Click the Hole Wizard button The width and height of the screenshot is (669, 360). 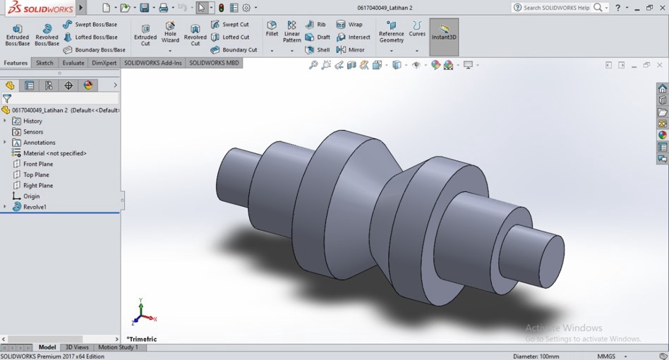coord(170,32)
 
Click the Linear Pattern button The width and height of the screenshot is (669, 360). coord(292,32)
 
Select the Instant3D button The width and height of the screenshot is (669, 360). coord(444,32)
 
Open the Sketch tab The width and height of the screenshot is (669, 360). coord(44,63)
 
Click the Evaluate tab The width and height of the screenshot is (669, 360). coord(73,63)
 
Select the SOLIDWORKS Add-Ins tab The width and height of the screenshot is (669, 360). coord(153,63)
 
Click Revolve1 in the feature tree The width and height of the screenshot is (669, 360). coord(35,207)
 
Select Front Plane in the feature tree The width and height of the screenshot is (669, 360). coord(37,164)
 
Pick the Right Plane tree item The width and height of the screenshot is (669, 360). coord(37,186)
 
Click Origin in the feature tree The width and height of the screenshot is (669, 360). coord(31,196)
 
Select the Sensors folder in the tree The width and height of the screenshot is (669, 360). coord(33,132)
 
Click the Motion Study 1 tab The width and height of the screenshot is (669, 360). coord(118,347)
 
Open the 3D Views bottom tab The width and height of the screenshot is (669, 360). coord(77,347)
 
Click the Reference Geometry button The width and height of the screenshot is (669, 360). coord(391,32)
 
